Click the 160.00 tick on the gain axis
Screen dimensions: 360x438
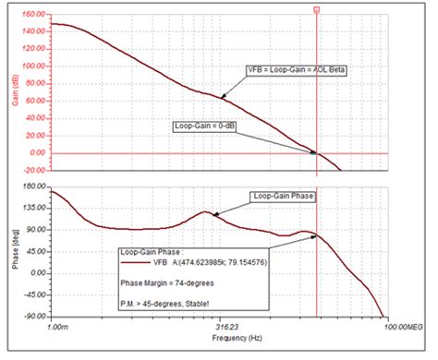click(x=33, y=16)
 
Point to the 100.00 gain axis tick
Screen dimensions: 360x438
click(x=33, y=66)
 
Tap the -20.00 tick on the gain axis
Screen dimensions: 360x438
click(x=35, y=170)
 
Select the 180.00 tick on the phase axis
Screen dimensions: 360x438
click(x=33, y=186)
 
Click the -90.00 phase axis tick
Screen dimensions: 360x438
click(x=35, y=317)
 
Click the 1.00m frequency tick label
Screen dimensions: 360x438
click(x=58, y=326)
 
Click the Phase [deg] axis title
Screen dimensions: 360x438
click(x=13, y=251)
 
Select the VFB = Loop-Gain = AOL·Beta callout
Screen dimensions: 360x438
click(x=296, y=69)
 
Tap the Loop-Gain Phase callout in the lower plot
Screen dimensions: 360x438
click(x=282, y=196)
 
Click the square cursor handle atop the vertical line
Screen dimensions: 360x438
click(x=317, y=9)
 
